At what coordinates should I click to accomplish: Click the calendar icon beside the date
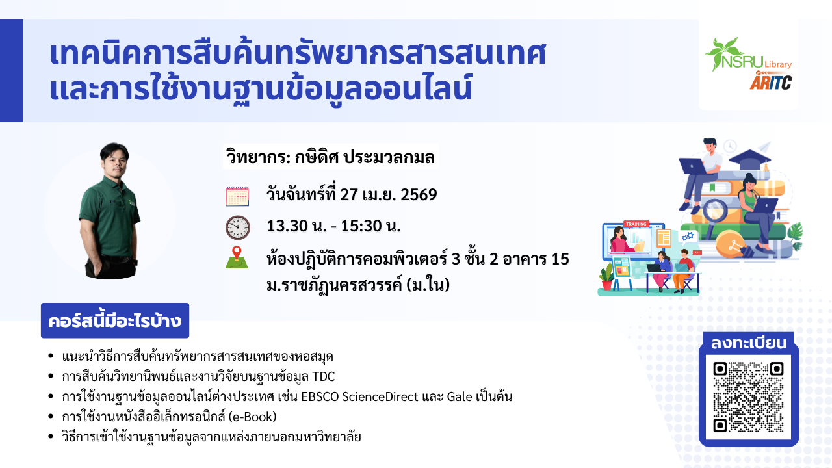point(237,196)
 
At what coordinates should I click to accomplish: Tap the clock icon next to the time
point(238,227)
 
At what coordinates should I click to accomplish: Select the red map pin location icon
point(237,253)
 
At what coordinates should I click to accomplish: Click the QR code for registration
point(748,397)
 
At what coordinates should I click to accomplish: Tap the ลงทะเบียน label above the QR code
point(748,343)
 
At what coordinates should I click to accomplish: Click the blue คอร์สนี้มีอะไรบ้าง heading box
point(115,320)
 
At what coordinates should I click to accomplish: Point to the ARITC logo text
point(771,82)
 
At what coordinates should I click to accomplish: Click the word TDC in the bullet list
point(324,376)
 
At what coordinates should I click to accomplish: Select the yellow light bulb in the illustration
point(731,244)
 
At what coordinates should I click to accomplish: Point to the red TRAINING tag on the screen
point(636,224)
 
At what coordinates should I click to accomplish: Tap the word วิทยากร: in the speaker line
point(259,157)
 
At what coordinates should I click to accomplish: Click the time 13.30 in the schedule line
point(287,226)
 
